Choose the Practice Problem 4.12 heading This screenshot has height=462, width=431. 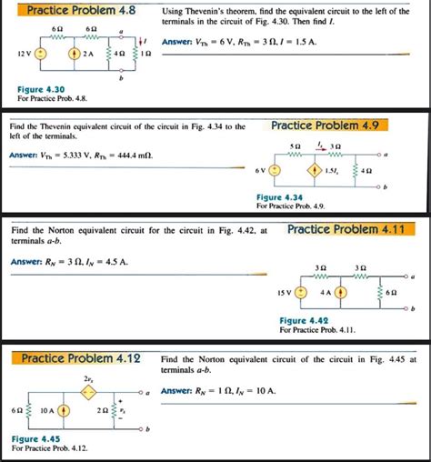coord(81,358)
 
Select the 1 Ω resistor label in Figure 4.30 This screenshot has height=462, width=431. coord(149,54)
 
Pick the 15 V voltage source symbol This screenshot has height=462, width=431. coord(303,293)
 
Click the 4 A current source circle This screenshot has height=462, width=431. coord(342,293)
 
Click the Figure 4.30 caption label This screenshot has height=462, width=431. coord(38,89)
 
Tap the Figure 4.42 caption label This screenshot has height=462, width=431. coord(304,320)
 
